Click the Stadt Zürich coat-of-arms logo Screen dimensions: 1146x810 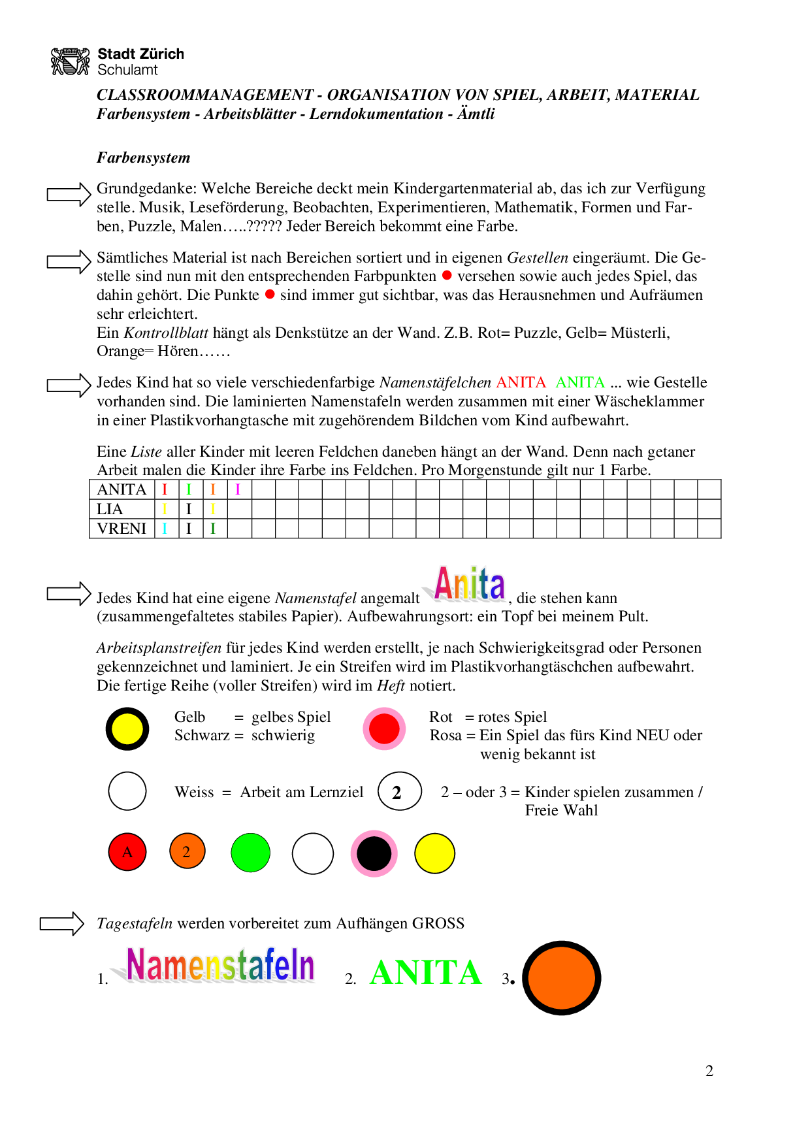(70, 61)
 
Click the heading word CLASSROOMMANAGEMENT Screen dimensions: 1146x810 (204, 95)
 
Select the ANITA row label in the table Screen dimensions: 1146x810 (121, 489)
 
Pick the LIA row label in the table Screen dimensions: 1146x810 (110, 509)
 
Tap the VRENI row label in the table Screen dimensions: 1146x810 (121, 529)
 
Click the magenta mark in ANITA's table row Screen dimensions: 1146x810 (238, 489)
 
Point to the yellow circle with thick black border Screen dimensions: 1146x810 (127, 729)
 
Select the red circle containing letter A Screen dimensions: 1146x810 (127, 852)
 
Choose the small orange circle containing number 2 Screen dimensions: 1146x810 (187, 851)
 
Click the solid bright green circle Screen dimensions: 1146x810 (251, 853)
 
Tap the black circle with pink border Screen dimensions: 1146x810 (374, 853)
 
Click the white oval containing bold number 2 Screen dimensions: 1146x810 (400, 792)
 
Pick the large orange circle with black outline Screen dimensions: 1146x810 (562, 978)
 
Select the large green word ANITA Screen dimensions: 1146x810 (425, 973)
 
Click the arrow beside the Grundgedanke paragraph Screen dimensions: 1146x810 (69, 194)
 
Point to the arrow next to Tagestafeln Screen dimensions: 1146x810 (62, 924)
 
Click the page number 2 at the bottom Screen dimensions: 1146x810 (709, 1071)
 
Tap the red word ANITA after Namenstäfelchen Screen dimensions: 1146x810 (521, 383)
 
